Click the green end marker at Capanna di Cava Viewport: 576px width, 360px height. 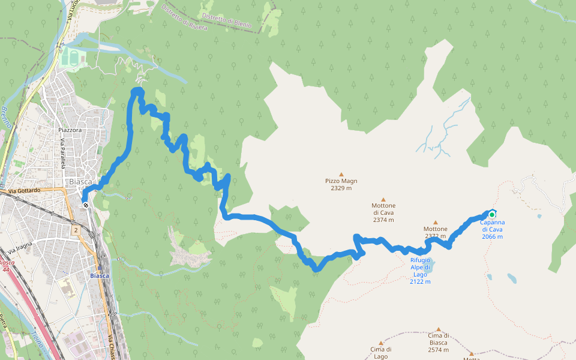coord(492,215)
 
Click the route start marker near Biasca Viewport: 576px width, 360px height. coord(86,205)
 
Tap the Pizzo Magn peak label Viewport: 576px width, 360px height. coord(341,184)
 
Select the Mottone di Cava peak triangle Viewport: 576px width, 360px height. coord(383,200)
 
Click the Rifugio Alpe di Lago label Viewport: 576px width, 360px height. coord(420,271)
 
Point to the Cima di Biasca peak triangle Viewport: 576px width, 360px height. coord(439,329)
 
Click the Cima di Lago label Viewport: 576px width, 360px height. coord(380,352)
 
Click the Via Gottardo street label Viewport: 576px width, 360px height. coord(24,190)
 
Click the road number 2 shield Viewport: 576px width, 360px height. coord(76,230)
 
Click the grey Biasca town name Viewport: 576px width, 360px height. coord(80,181)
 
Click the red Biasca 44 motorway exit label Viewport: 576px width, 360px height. coord(7,266)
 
